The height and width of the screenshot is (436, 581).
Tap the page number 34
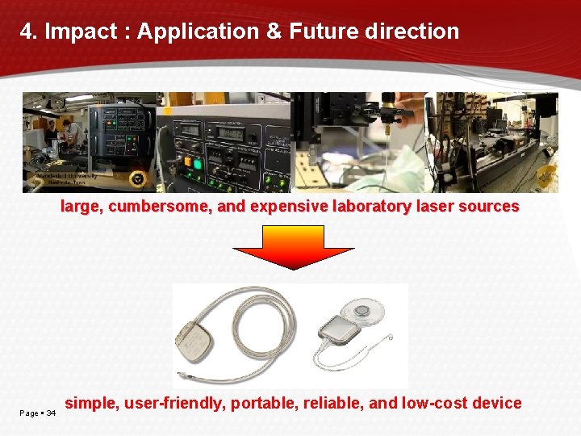(51, 413)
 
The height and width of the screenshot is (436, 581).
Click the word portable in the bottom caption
(261, 403)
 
